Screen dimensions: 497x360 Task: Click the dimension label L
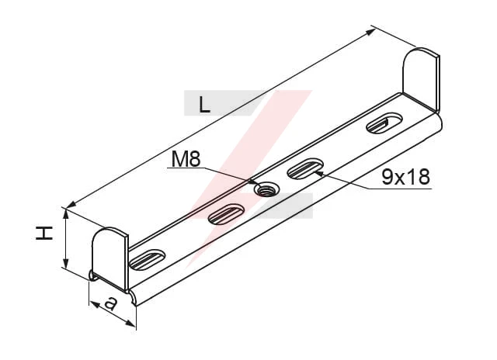pos(204,105)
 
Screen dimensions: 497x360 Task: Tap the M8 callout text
pos(186,158)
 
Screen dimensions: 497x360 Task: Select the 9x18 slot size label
pos(405,177)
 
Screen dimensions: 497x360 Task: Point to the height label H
pos(44,233)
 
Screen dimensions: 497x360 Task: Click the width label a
pos(110,303)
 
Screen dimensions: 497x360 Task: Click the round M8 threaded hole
pos(266,189)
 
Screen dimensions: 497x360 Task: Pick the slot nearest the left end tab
pos(148,260)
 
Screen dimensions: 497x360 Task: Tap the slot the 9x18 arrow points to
pos(305,168)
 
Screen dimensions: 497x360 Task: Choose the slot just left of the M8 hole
pos(226,214)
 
